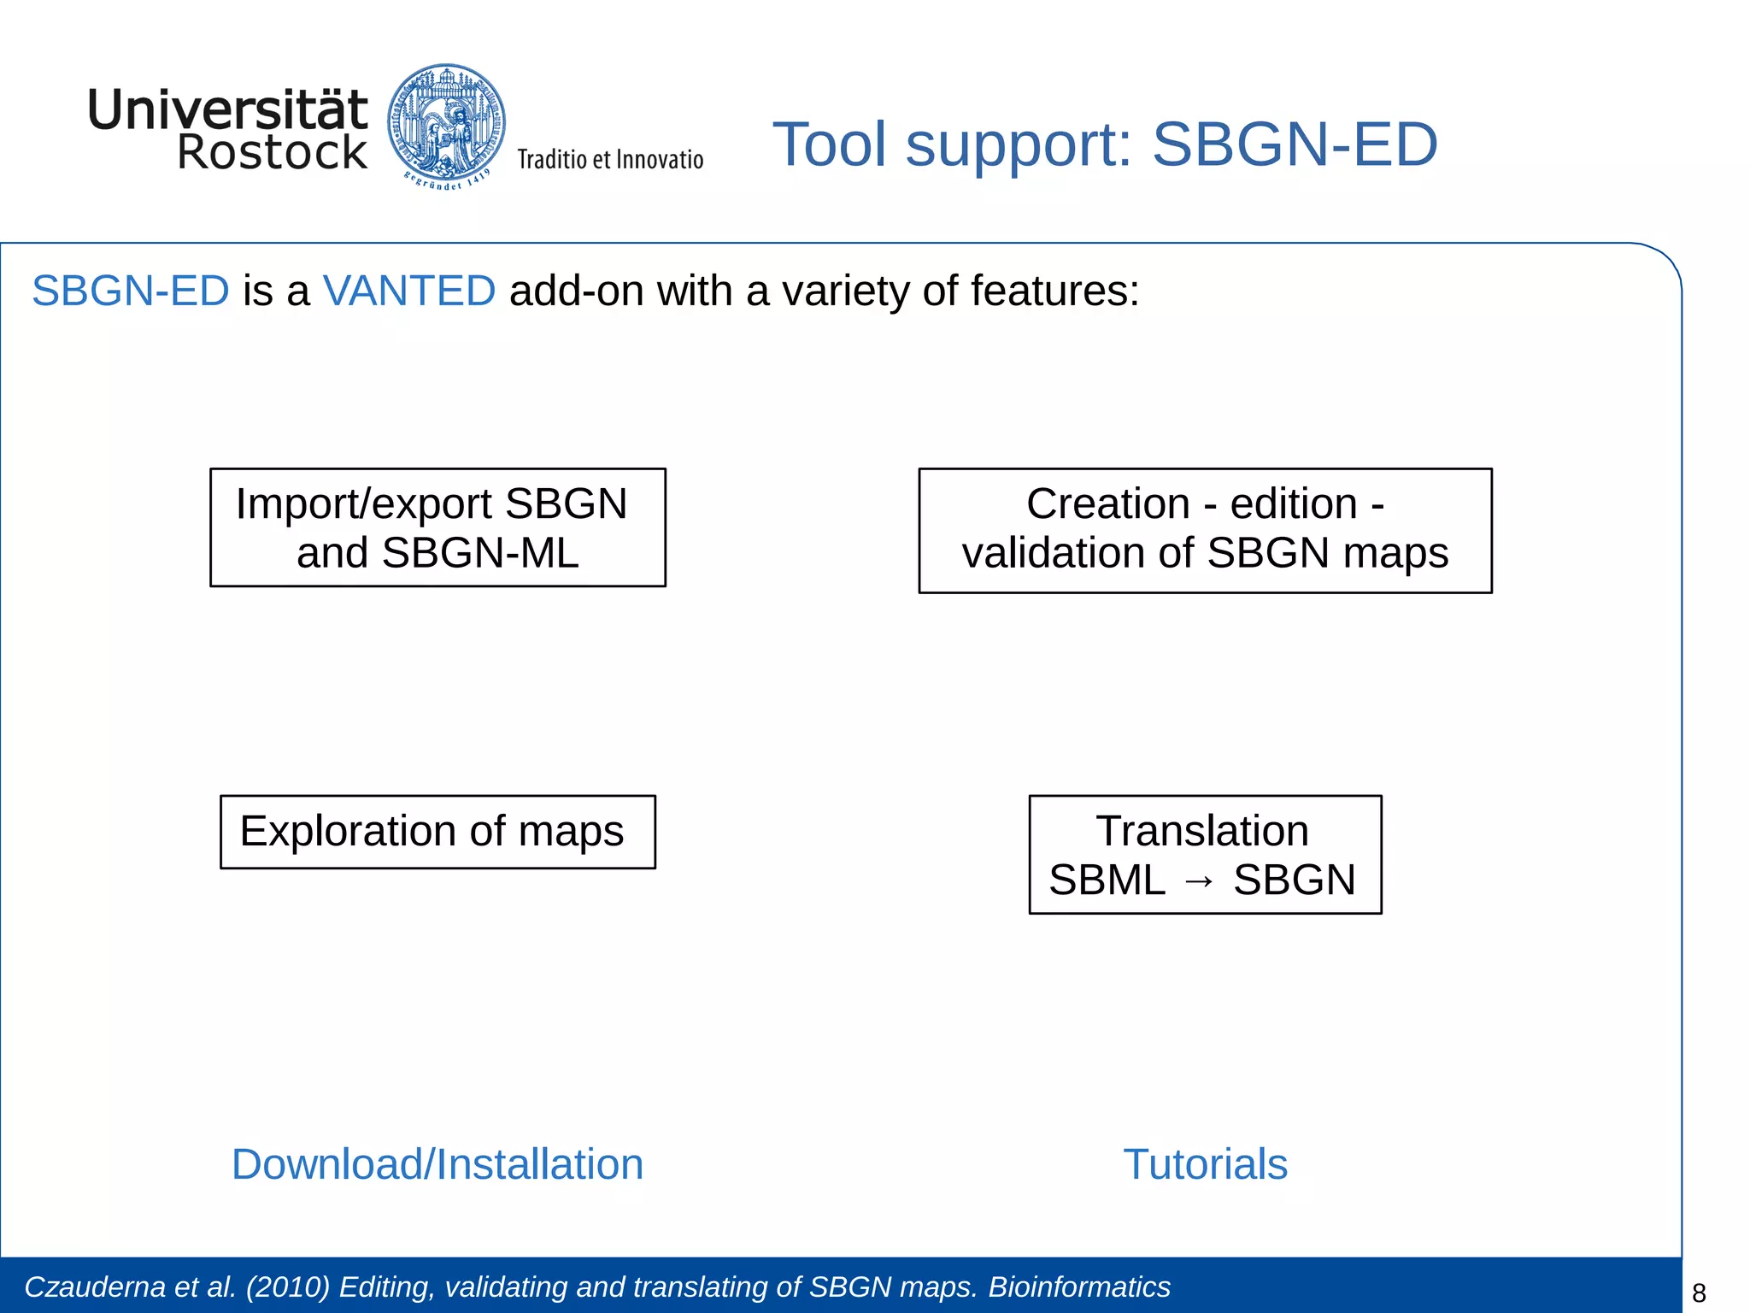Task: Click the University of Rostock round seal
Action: (x=446, y=124)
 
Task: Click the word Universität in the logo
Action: (x=227, y=110)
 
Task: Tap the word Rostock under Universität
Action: (x=272, y=153)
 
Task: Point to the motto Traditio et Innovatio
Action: (x=610, y=160)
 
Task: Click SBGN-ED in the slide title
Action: (x=1295, y=144)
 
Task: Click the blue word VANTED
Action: (x=409, y=291)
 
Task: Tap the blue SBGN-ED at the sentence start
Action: (x=130, y=291)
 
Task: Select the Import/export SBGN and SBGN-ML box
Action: (x=437, y=527)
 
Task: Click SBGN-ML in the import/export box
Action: (x=479, y=552)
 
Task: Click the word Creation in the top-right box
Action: (x=1107, y=503)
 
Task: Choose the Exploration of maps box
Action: (x=437, y=832)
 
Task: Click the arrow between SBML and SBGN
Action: (x=1199, y=880)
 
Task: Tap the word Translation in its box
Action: (x=1202, y=831)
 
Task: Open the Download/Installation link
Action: (x=437, y=1164)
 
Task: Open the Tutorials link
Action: (x=1205, y=1164)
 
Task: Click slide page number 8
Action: (x=1699, y=1293)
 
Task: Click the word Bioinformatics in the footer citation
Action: (x=1079, y=1287)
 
